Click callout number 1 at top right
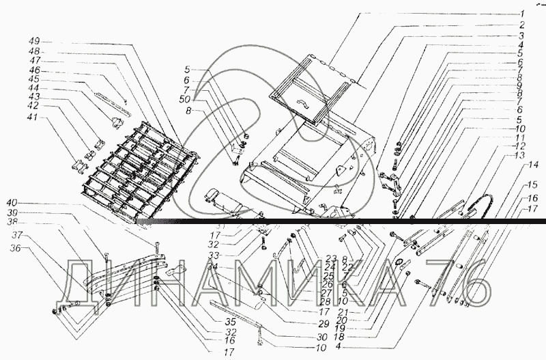pos(521,14)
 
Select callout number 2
pos(521,25)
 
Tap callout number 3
pos(521,35)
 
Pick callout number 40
pos(31,202)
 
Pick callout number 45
pos(34,79)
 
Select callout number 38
pos(33,222)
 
